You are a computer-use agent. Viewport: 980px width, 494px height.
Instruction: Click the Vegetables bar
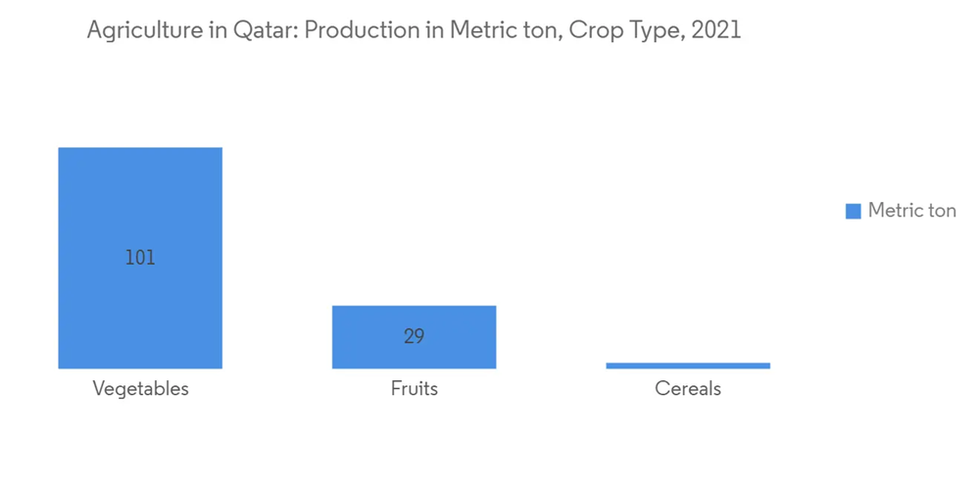[140, 258]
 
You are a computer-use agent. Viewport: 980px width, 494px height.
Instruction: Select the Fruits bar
[414, 337]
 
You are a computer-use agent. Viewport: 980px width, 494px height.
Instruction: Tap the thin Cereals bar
[688, 366]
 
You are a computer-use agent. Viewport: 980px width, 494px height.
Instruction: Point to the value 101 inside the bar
[140, 258]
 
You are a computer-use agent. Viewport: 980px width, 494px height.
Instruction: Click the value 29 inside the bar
[414, 336]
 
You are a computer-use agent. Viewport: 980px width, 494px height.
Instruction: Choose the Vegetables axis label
[140, 389]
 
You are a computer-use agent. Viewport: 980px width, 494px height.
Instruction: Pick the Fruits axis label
[415, 388]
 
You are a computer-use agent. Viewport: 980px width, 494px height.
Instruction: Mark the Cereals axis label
[688, 388]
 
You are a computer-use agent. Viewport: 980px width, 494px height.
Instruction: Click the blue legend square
[854, 211]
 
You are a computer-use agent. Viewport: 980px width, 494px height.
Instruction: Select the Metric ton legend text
[911, 210]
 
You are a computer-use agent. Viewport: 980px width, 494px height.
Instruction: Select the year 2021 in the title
[716, 30]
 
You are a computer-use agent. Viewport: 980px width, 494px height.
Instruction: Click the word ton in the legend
[942, 211]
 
